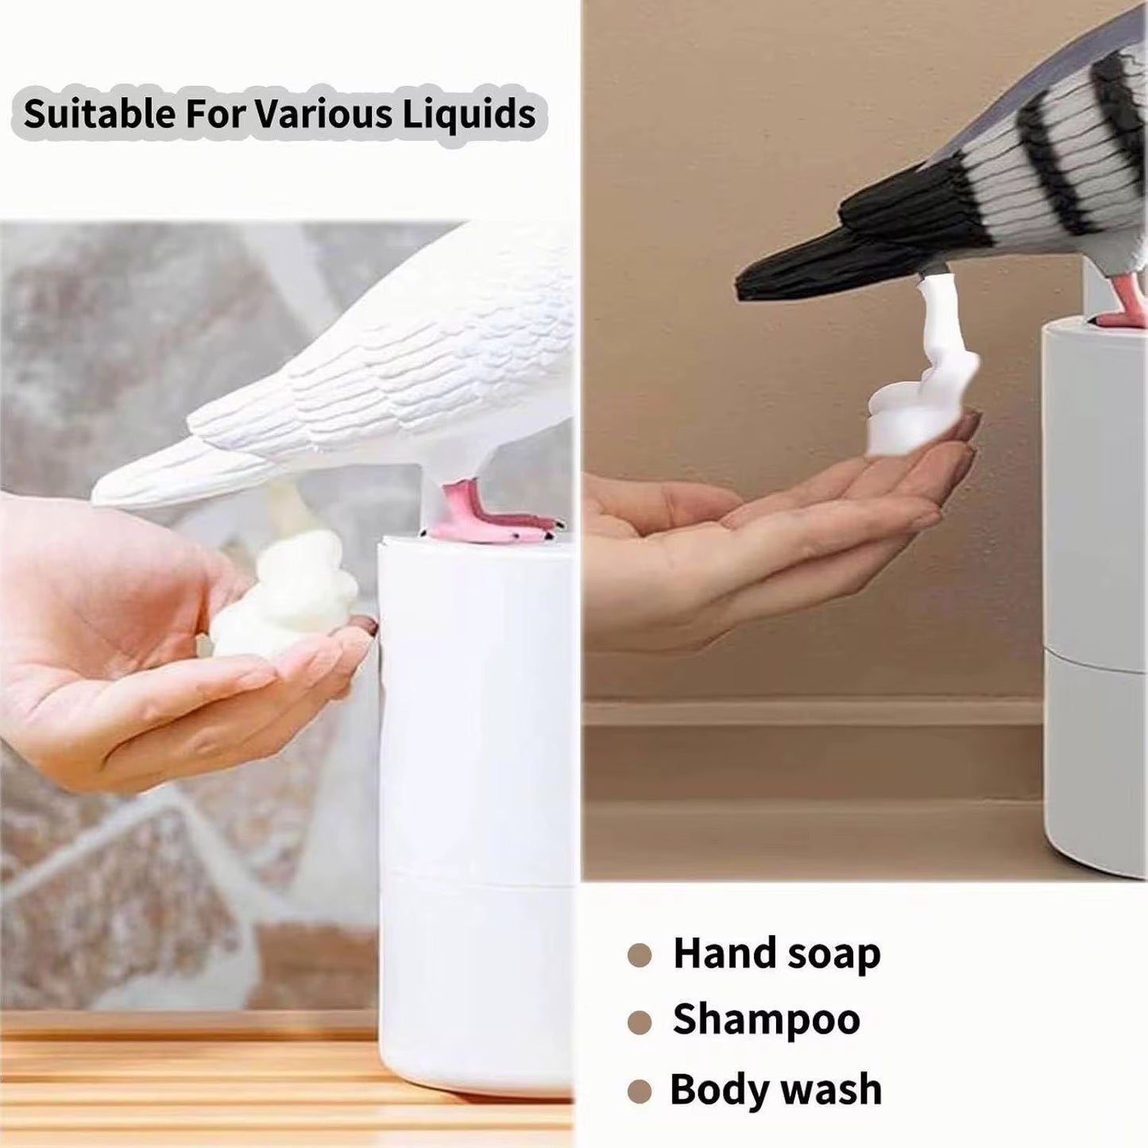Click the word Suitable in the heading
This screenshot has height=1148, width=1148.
pos(99,114)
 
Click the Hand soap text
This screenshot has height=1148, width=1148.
pos(776,953)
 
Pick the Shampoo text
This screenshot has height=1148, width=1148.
pos(766,1020)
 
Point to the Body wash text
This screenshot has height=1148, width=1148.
pos(775,1089)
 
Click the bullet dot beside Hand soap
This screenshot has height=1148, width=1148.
pos(640,955)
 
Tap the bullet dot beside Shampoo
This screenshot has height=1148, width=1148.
pos(640,1022)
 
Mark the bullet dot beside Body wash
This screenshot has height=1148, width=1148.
pos(640,1091)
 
